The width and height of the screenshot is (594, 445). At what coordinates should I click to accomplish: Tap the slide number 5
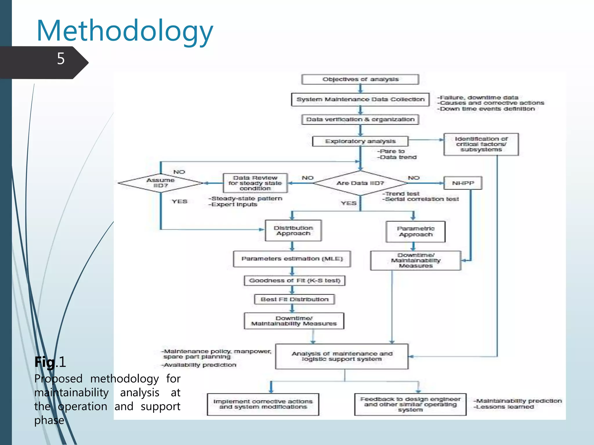point(61,59)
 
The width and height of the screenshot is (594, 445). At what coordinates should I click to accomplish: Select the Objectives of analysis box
point(360,79)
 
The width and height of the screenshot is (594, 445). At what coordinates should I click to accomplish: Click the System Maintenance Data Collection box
point(360,99)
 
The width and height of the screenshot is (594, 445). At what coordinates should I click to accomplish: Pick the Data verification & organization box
point(360,119)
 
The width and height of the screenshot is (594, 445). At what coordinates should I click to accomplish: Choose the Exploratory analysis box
point(360,141)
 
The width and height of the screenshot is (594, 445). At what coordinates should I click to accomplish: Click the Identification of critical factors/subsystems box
point(481,144)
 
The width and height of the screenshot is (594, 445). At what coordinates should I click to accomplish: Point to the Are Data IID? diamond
point(360,183)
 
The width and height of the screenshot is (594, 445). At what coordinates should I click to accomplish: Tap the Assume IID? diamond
point(160,183)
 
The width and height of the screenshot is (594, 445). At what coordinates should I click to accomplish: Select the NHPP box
point(463,183)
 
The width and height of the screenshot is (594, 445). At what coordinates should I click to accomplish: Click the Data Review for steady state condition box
point(255,183)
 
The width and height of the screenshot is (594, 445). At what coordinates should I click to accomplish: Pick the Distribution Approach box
point(293,231)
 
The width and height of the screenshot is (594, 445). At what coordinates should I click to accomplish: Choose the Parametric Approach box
point(415,231)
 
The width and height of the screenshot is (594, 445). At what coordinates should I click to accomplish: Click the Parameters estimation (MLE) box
point(292,259)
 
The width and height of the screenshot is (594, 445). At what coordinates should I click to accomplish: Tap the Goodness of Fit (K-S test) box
point(294,280)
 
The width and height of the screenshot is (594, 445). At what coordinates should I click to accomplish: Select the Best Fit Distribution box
point(294,299)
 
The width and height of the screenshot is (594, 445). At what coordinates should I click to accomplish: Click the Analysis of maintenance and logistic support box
point(342,356)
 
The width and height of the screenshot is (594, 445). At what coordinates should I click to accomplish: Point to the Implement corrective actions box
point(263,404)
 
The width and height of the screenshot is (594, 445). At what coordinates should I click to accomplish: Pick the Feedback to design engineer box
point(410,404)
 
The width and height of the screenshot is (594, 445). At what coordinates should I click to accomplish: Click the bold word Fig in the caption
point(45,362)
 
